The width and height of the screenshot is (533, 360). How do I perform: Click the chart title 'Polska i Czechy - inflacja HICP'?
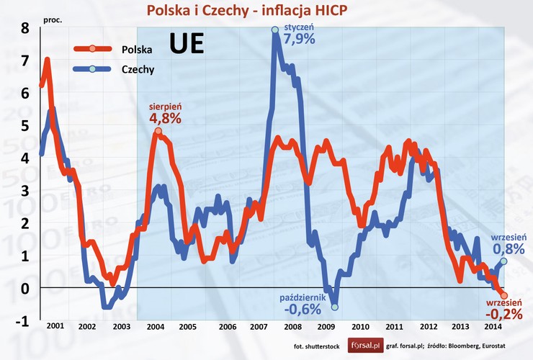coord(270,11)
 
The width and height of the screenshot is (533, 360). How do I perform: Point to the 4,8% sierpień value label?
coord(165,117)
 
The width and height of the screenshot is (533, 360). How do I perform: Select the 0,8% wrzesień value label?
coord(509,249)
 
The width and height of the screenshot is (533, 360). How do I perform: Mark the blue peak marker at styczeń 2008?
coord(274,30)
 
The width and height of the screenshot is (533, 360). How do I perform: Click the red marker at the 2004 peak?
coord(157,131)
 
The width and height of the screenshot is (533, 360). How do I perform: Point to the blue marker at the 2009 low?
coord(334,307)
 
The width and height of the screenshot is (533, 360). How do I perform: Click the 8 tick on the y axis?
coord(24,29)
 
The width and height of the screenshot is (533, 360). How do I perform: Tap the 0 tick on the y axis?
coord(24,289)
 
